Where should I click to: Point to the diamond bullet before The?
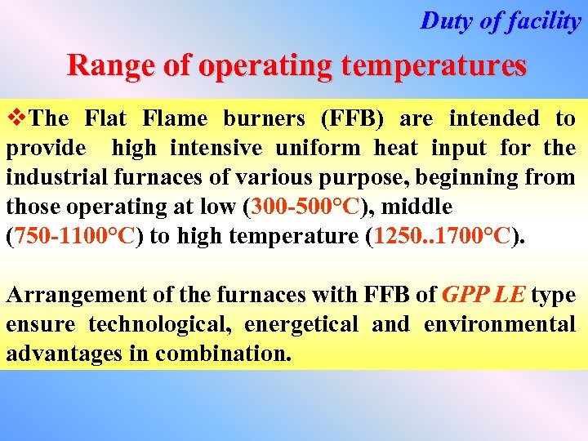(x=15, y=119)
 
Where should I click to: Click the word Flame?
(x=175, y=119)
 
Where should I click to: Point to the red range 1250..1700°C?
(x=442, y=237)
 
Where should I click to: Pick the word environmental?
(x=499, y=324)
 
